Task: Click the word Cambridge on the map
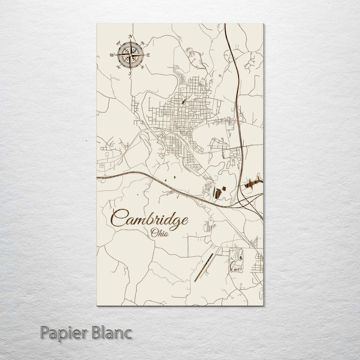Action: [x=150, y=218]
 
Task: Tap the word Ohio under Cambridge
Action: [x=159, y=231]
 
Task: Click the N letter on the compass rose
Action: [x=130, y=36]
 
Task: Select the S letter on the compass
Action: [x=129, y=73]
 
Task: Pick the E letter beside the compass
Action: [x=147, y=55]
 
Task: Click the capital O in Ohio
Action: [x=152, y=231]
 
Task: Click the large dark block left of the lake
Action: [x=217, y=191]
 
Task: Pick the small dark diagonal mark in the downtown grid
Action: [x=183, y=100]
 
